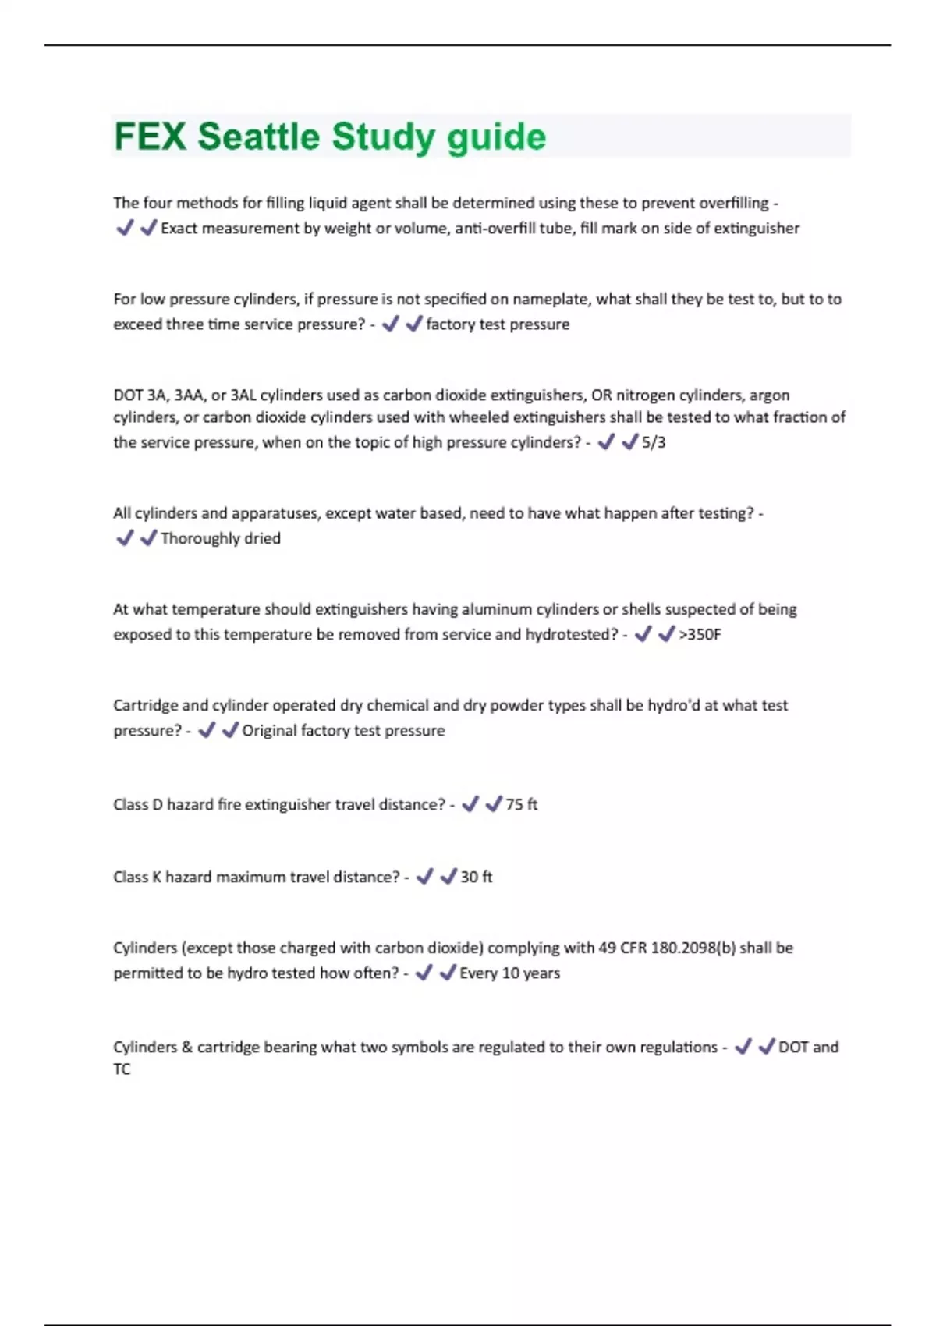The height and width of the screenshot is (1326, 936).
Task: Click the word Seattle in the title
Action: pyautogui.click(x=258, y=137)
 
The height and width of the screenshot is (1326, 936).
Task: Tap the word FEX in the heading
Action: pyautogui.click(x=150, y=137)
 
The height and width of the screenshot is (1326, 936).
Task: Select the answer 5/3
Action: pyautogui.click(x=654, y=442)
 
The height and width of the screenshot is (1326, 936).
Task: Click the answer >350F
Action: pyautogui.click(x=700, y=634)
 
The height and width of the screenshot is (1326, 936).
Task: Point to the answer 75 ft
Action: pyautogui.click(x=521, y=804)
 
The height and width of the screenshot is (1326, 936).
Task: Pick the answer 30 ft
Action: pyautogui.click(x=476, y=877)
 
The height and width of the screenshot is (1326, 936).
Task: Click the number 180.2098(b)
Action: pyautogui.click(x=693, y=948)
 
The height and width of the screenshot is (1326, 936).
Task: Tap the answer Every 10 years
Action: pyautogui.click(x=509, y=973)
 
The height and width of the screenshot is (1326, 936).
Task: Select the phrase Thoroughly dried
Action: pyautogui.click(x=220, y=538)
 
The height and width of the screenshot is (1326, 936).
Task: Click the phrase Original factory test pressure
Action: pyautogui.click(x=343, y=730)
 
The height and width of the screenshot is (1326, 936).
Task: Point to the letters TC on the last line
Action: pyautogui.click(x=122, y=1069)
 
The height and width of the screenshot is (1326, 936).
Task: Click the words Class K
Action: pyautogui.click(x=137, y=877)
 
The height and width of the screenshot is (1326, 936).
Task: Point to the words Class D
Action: pyautogui.click(x=138, y=804)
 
